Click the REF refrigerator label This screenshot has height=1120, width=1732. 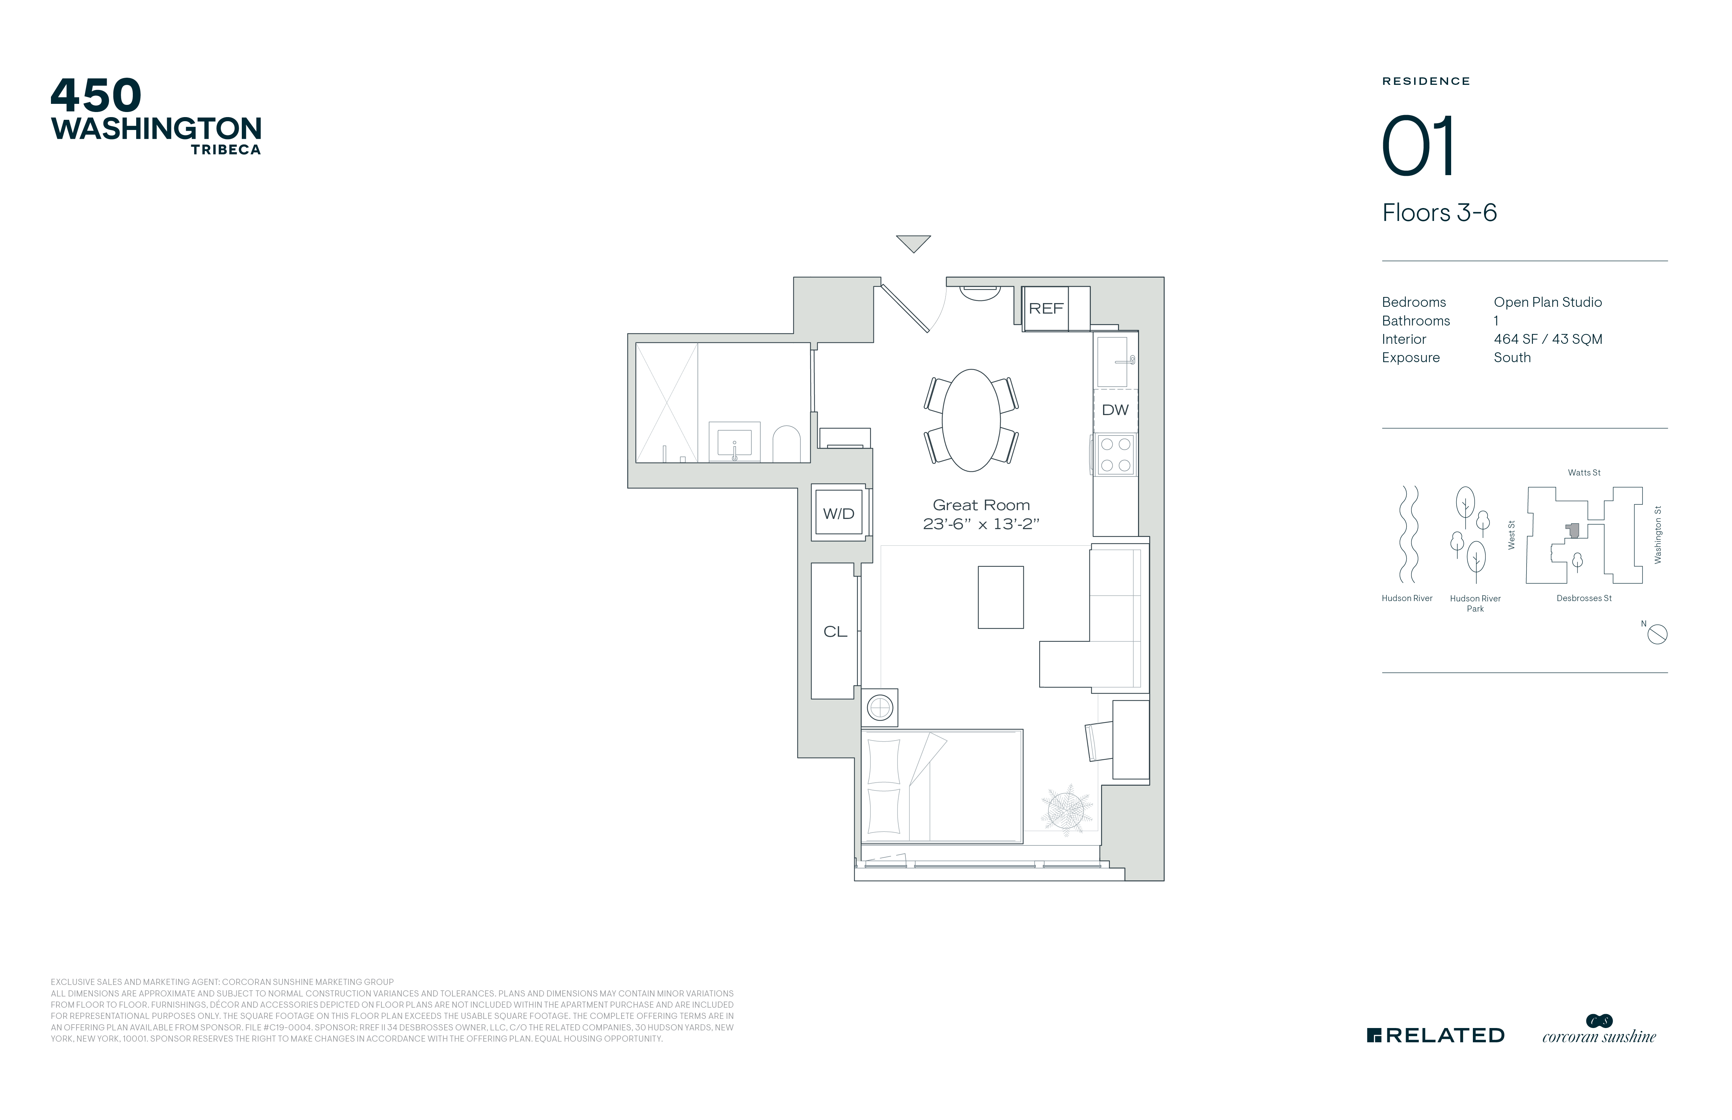tap(1046, 309)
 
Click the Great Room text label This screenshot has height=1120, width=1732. tap(981, 505)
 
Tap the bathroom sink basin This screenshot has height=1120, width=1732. tap(734, 442)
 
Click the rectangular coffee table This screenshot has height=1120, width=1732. tap(1000, 597)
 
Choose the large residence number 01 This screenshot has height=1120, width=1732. tap(1418, 146)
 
